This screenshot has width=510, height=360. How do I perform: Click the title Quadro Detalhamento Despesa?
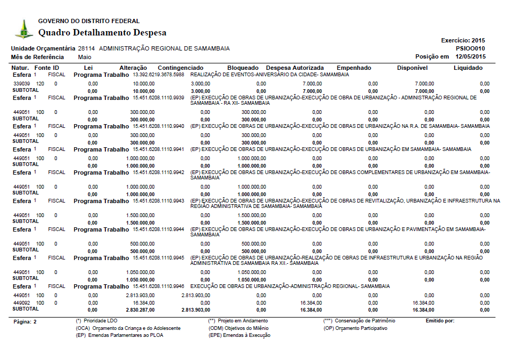pyautogui.click(x=102, y=33)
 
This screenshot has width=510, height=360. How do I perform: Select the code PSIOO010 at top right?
pyautogui.click(x=470, y=48)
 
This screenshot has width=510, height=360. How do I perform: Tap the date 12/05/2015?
pyautogui.click(x=470, y=56)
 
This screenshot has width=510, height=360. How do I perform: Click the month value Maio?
pyautogui.click(x=84, y=56)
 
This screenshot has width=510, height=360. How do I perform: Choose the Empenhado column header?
pyautogui.click(x=354, y=68)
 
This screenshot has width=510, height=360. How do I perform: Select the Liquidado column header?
pyautogui.click(x=468, y=68)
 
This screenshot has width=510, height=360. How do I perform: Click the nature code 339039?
pyautogui.click(x=21, y=84)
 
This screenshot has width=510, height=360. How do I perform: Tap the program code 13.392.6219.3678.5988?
pyautogui.click(x=159, y=75)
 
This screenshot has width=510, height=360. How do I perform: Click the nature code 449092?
pyautogui.click(x=21, y=303)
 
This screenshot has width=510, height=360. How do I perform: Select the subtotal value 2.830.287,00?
pyautogui.click(x=140, y=310)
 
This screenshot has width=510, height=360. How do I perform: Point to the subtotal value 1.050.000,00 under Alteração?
pyautogui.click(x=140, y=280)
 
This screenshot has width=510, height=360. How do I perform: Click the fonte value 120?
pyautogui.click(x=40, y=84)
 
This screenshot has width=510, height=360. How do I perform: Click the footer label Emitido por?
pyautogui.click(x=440, y=321)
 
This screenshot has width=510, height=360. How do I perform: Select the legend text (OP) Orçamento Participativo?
pyautogui.click(x=355, y=328)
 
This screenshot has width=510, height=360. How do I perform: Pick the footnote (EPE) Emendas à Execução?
pyautogui.click(x=239, y=335)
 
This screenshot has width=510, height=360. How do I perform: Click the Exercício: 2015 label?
pyautogui.click(x=463, y=40)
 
